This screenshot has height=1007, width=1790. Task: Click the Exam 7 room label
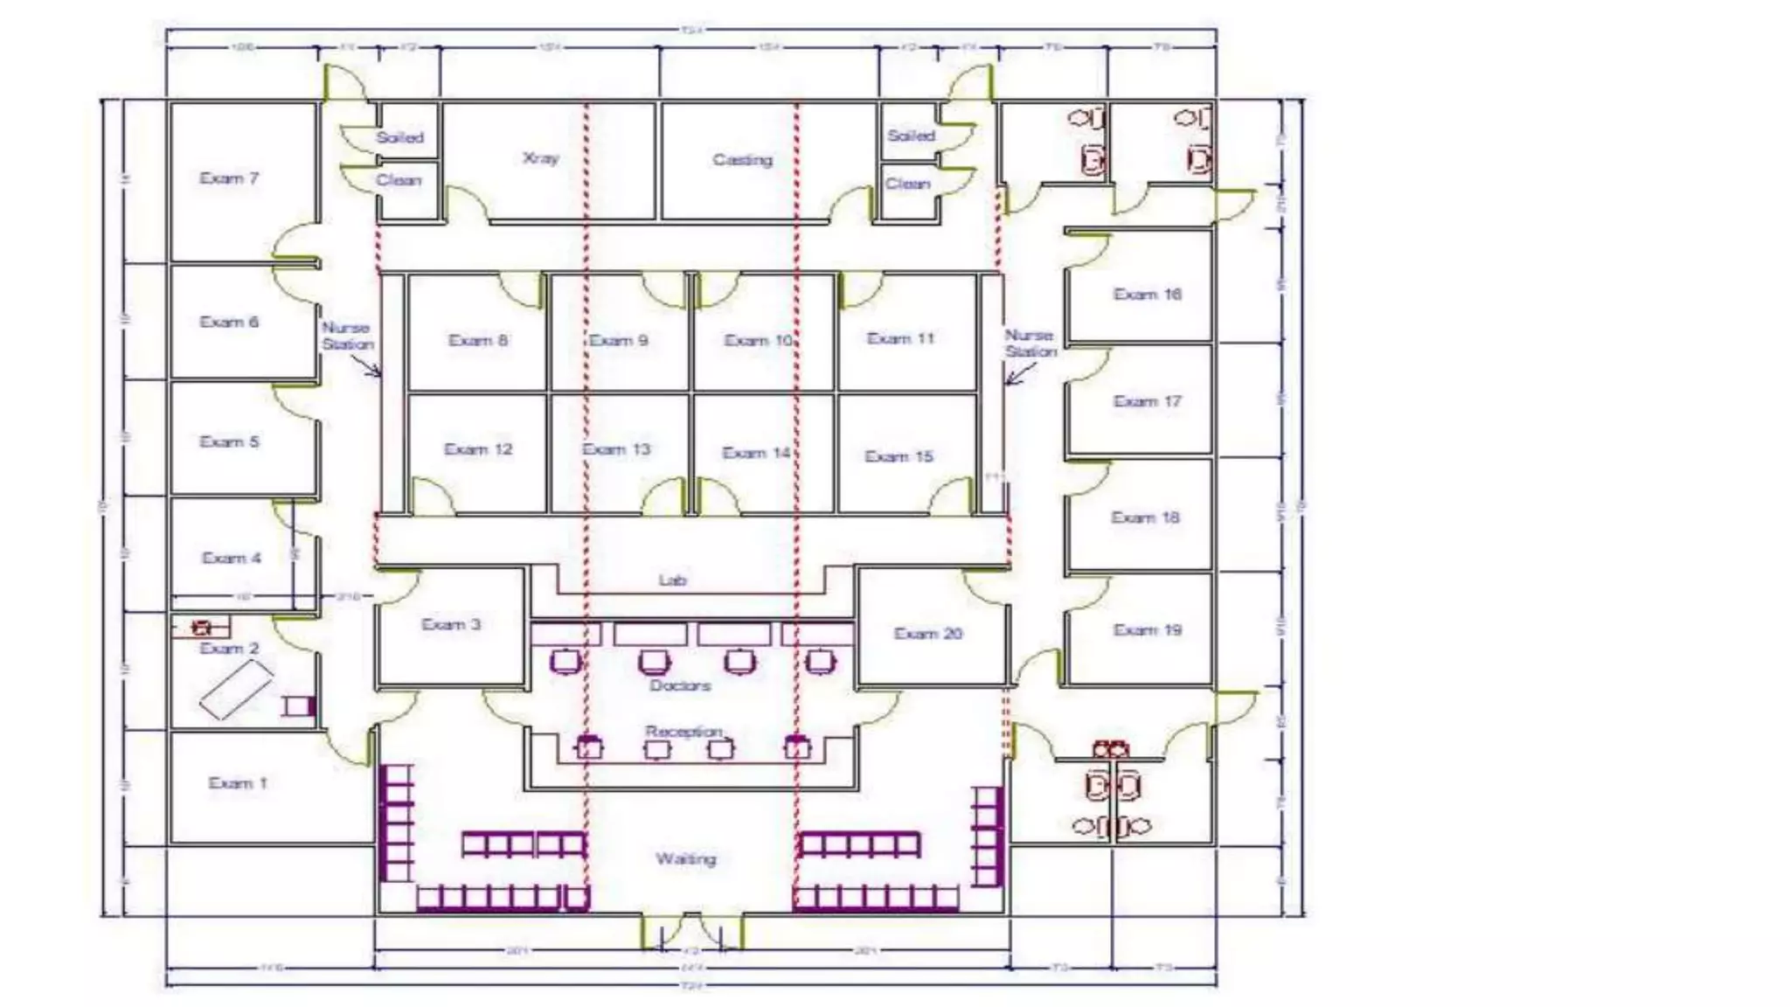coord(229,178)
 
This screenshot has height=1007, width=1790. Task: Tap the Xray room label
coord(540,158)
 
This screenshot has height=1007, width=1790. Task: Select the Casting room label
coord(742,160)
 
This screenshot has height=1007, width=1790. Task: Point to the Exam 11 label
coord(900,338)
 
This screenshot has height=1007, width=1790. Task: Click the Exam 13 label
coord(617,449)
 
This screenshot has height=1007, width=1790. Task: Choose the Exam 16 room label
coord(1147,295)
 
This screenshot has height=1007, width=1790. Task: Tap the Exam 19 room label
coord(1147,630)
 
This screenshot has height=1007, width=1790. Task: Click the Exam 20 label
coord(927,634)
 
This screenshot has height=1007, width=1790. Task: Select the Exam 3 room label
coord(451,624)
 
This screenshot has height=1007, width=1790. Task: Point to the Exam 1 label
coord(238,783)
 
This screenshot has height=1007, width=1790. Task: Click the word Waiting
coord(686,859)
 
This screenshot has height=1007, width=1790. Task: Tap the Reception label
coord(684,731)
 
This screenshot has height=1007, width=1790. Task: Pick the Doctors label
coord(680,685)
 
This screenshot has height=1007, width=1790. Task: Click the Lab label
coord(672,580)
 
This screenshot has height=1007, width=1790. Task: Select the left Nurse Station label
coord(347,336)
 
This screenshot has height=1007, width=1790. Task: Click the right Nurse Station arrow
coord(1018,374)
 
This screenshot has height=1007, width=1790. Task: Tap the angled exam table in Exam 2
coord(235,690)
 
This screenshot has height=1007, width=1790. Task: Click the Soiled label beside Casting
coord(911,135)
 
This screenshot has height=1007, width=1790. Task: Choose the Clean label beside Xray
coord(399,180)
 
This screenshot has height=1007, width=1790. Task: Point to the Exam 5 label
coord(229,441)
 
